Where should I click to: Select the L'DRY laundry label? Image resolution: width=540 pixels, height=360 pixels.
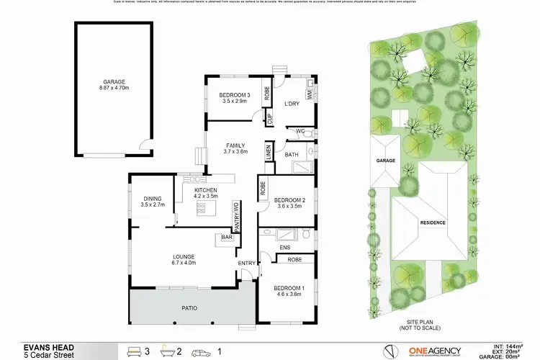(x=291, y=104)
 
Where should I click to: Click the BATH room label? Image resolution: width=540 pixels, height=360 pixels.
(x=292, y=154)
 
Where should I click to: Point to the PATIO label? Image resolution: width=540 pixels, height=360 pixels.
(x=189, y=308)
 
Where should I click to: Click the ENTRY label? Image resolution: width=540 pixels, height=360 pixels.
(x=247, y=262)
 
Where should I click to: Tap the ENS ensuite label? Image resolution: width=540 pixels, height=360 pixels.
(x=274, y=248)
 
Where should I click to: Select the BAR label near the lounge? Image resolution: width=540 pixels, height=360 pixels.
(x=227, y=237)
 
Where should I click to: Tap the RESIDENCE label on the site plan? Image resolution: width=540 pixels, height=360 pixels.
(x=433, y=222)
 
